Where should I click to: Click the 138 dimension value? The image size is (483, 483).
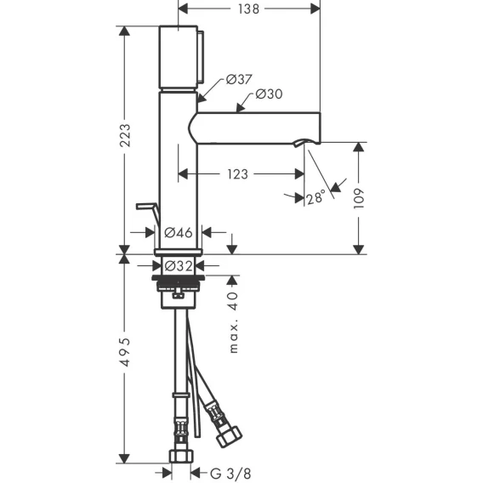point(248,9)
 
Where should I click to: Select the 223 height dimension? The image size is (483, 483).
point(125,135)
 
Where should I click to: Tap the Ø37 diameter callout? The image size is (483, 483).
point(239,79)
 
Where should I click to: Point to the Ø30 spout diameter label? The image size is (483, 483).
point(269,94)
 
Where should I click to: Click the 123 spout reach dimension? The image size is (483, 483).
point(237,174)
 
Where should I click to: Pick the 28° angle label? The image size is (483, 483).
point(316,196)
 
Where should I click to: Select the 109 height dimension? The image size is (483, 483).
point(359,199)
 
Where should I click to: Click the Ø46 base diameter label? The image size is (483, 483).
point(179,232)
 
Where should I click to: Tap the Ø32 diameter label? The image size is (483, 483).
point(179,265)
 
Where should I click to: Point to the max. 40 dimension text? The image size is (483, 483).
point(234,322)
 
